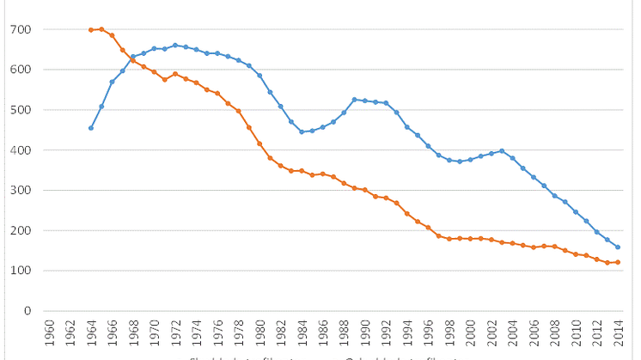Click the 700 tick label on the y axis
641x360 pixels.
tap(21, 29)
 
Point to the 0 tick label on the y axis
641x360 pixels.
tap(27, 311)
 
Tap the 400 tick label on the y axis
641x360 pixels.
tap(21, 150)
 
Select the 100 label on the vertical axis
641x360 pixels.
tap(21, 271)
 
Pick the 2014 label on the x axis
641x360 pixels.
tap(618, 331)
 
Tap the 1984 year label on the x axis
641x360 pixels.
tap(302, 331)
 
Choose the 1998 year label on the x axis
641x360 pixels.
tap(449, 331)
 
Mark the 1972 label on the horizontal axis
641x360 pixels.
tap(175, 331)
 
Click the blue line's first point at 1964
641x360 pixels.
tap(91, 128)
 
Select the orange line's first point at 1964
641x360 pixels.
tap(91, 30)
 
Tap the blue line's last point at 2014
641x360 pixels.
tap(618, 247)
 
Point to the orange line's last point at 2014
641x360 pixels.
tap(618, 262)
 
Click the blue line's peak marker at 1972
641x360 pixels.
tap(175, 46)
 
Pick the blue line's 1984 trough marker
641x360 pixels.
tap(302, 131)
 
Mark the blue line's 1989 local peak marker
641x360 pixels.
tap(354, 100)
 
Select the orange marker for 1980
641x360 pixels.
tap(259, 143)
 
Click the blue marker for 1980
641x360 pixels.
tap(259, 76)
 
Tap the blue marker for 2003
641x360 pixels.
tap(502, 151)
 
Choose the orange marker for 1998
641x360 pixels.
tap(449, 239)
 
